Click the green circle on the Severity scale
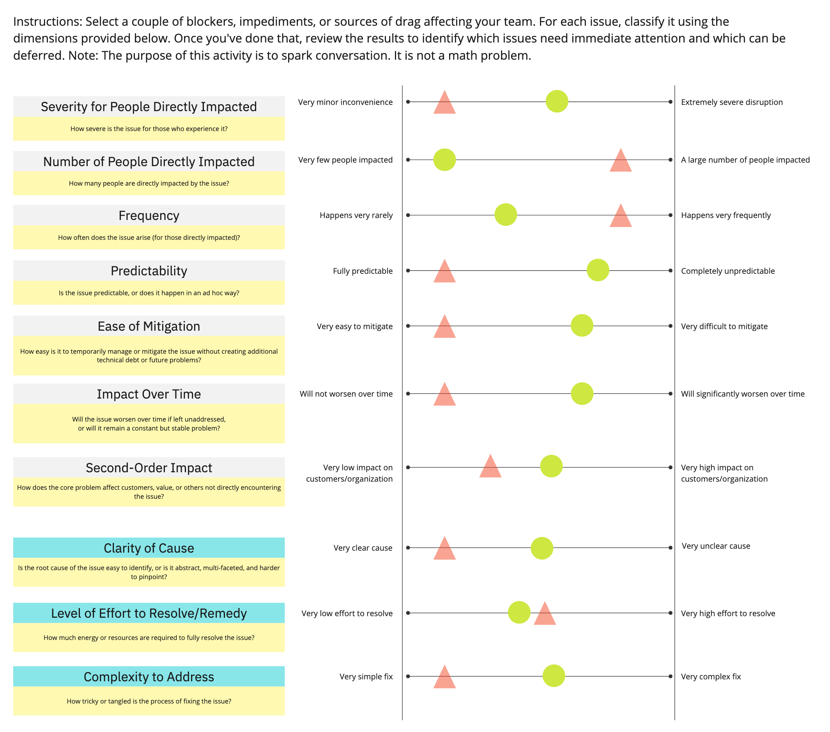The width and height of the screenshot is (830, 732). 557,101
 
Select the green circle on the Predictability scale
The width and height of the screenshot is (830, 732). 598,270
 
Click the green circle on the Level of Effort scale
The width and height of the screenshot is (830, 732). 519,613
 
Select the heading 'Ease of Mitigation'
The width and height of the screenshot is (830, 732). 149,326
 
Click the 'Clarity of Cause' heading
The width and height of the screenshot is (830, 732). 149,548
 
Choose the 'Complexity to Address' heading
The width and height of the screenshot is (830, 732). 149,677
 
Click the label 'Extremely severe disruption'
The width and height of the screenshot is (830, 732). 732,102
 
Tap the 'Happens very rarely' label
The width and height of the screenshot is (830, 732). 356,215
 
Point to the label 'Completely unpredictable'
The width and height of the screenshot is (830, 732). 728,271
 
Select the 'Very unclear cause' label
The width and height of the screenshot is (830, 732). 715,546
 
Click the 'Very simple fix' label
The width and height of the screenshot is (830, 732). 366,676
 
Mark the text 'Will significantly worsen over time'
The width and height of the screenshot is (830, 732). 742,393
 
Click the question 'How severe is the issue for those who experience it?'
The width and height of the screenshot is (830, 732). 149,129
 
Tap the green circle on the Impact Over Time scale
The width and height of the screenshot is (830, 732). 582,393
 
